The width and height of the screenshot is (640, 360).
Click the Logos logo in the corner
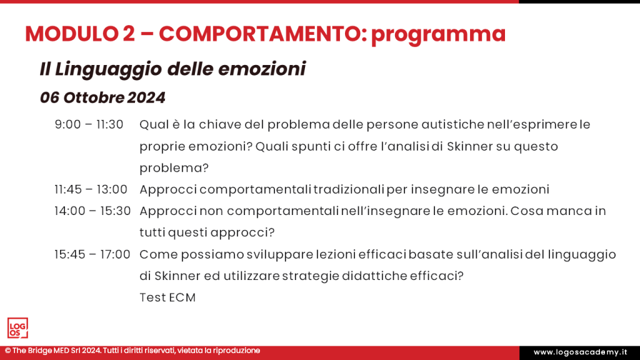click(17, 328)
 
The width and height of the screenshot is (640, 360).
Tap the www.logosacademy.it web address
click(579, 352)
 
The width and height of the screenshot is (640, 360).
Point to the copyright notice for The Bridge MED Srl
click(132, 351)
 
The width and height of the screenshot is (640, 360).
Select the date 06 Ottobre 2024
click(102, 98)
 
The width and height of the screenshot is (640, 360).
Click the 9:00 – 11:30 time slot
click(89, 124)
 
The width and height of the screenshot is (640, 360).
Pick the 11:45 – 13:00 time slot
click(91, 189)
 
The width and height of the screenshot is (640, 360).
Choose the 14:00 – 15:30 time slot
click(92, 211)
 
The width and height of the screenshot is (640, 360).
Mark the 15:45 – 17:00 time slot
click(92, 254)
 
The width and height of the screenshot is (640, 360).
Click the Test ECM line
click(167, 297)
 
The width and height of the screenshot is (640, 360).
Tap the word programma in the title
click(438, 34)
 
